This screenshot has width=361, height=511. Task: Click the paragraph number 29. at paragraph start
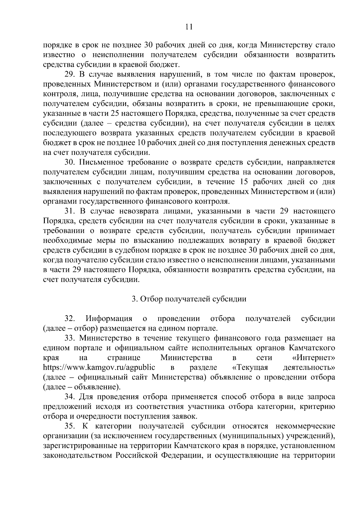[70, 74]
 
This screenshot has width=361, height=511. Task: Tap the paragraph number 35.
[70, 426]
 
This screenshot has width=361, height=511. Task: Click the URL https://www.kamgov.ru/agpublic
[99, 368]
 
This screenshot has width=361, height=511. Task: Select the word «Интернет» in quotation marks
[313, 358]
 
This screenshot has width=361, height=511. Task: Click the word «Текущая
[250, 368]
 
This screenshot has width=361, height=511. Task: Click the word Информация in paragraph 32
[109, 319]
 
